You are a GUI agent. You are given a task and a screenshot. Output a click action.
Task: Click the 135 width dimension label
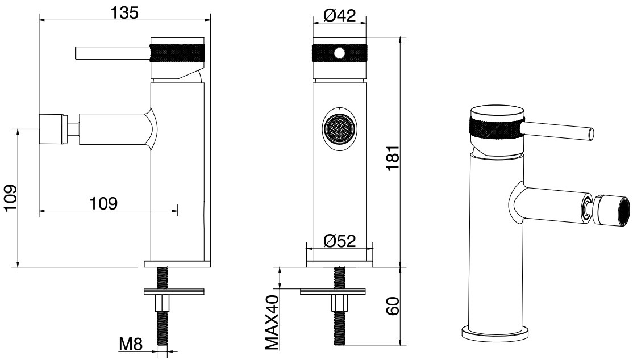[124, 12]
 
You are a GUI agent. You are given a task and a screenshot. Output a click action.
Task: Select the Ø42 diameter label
[339, 15]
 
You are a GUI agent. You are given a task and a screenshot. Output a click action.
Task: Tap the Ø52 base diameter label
[339, 241]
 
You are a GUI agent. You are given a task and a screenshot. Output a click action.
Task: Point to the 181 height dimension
[393, 158]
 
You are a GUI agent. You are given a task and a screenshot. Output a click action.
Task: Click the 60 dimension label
[393, 306]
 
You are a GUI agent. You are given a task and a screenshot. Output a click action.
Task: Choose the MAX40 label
[272, 322]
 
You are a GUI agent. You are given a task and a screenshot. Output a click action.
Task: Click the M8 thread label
[131, 344]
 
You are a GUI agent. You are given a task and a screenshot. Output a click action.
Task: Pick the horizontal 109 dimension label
[103, 203]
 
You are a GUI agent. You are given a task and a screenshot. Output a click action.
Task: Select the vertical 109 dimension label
[10, 198]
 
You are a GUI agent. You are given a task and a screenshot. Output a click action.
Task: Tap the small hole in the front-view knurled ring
[340, 53]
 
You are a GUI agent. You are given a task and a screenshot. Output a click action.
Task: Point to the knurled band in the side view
[178, 53]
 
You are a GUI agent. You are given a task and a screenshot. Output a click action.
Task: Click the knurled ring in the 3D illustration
[497, 129]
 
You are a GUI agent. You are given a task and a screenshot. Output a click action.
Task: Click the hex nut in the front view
[339, 303]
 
